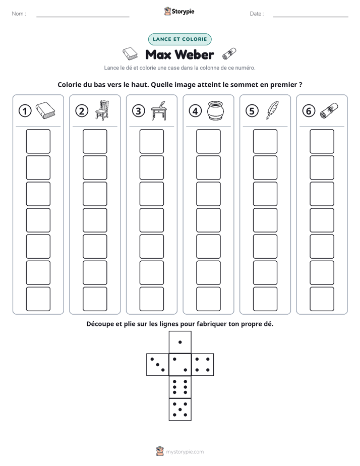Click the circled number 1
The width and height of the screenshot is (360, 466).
(25, 111)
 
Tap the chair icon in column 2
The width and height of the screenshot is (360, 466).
(102, 110)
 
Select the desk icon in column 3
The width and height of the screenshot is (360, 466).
(159, 110)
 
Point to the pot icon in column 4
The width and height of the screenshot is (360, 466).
(216, 110)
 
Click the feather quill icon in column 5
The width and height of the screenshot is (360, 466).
(272, 110)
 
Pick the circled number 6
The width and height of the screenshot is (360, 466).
(309, 111)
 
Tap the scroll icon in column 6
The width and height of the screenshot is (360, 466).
(329, 110)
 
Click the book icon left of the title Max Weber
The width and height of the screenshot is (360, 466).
(131, 54)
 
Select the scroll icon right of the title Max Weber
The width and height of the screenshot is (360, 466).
(229, 54)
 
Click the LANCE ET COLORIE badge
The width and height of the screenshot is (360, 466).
(179, 39)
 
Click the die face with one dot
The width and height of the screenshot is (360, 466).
(180, 342)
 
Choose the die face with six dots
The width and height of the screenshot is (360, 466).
(180, 387)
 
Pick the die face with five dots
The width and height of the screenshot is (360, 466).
(180, 409)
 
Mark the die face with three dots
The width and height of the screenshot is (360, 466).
(158, 364)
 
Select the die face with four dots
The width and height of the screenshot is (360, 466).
(203, 364)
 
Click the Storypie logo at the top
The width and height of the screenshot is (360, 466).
(179, 12)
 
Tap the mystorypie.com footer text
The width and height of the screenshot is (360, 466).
(185, 452)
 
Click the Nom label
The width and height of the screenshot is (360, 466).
(19, 14)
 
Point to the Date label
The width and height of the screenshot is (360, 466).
(257, 14)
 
